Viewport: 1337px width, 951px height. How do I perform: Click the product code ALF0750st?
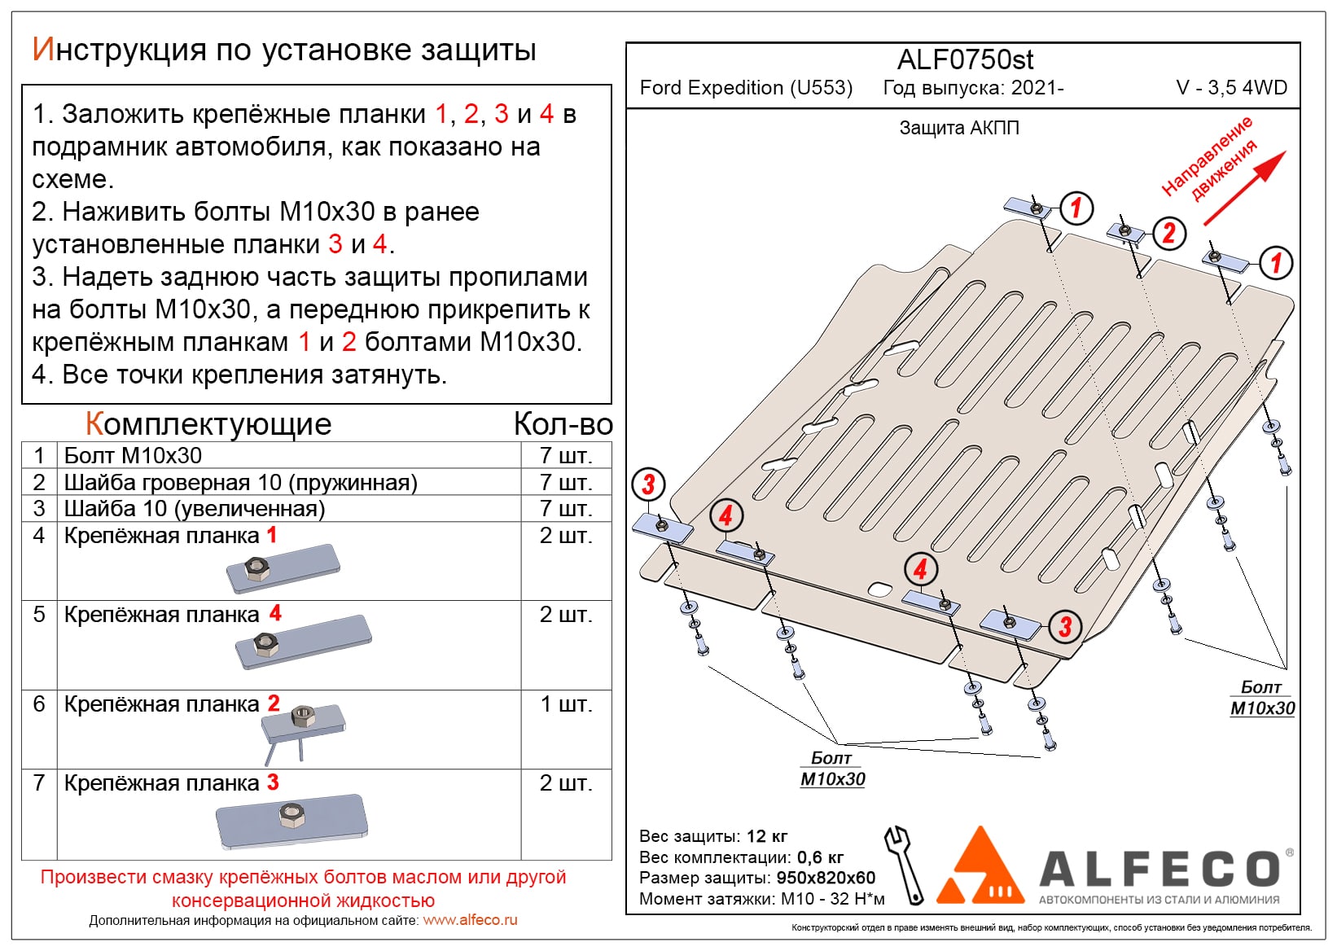click(965, 59)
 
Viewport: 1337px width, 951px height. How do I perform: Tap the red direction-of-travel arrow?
click(1244, 188)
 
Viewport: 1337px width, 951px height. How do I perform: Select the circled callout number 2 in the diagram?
click(1168, 234)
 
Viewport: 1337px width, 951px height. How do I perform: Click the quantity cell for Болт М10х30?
click(565, 455)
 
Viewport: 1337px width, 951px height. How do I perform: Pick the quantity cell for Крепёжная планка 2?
click(565, 704)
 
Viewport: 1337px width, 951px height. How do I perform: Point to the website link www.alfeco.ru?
click(470, 920)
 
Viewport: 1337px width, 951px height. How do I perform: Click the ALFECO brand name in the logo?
click(1159, 869)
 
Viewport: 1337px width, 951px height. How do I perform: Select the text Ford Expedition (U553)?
click(746, 88)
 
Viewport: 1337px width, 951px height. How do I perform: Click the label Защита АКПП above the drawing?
click(958, 128)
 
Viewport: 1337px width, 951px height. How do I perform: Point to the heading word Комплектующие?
click(208, 424)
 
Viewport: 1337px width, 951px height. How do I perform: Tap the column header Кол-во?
click(563, 424)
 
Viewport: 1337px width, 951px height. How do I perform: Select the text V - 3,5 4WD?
click(1231, 88)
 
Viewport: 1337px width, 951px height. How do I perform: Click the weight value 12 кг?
click(766, 836)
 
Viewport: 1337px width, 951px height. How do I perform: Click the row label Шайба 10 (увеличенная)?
click(195, 509)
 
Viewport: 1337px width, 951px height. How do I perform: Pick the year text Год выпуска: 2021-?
click(973, 88)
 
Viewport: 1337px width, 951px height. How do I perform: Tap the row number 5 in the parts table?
click(39, 614)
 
